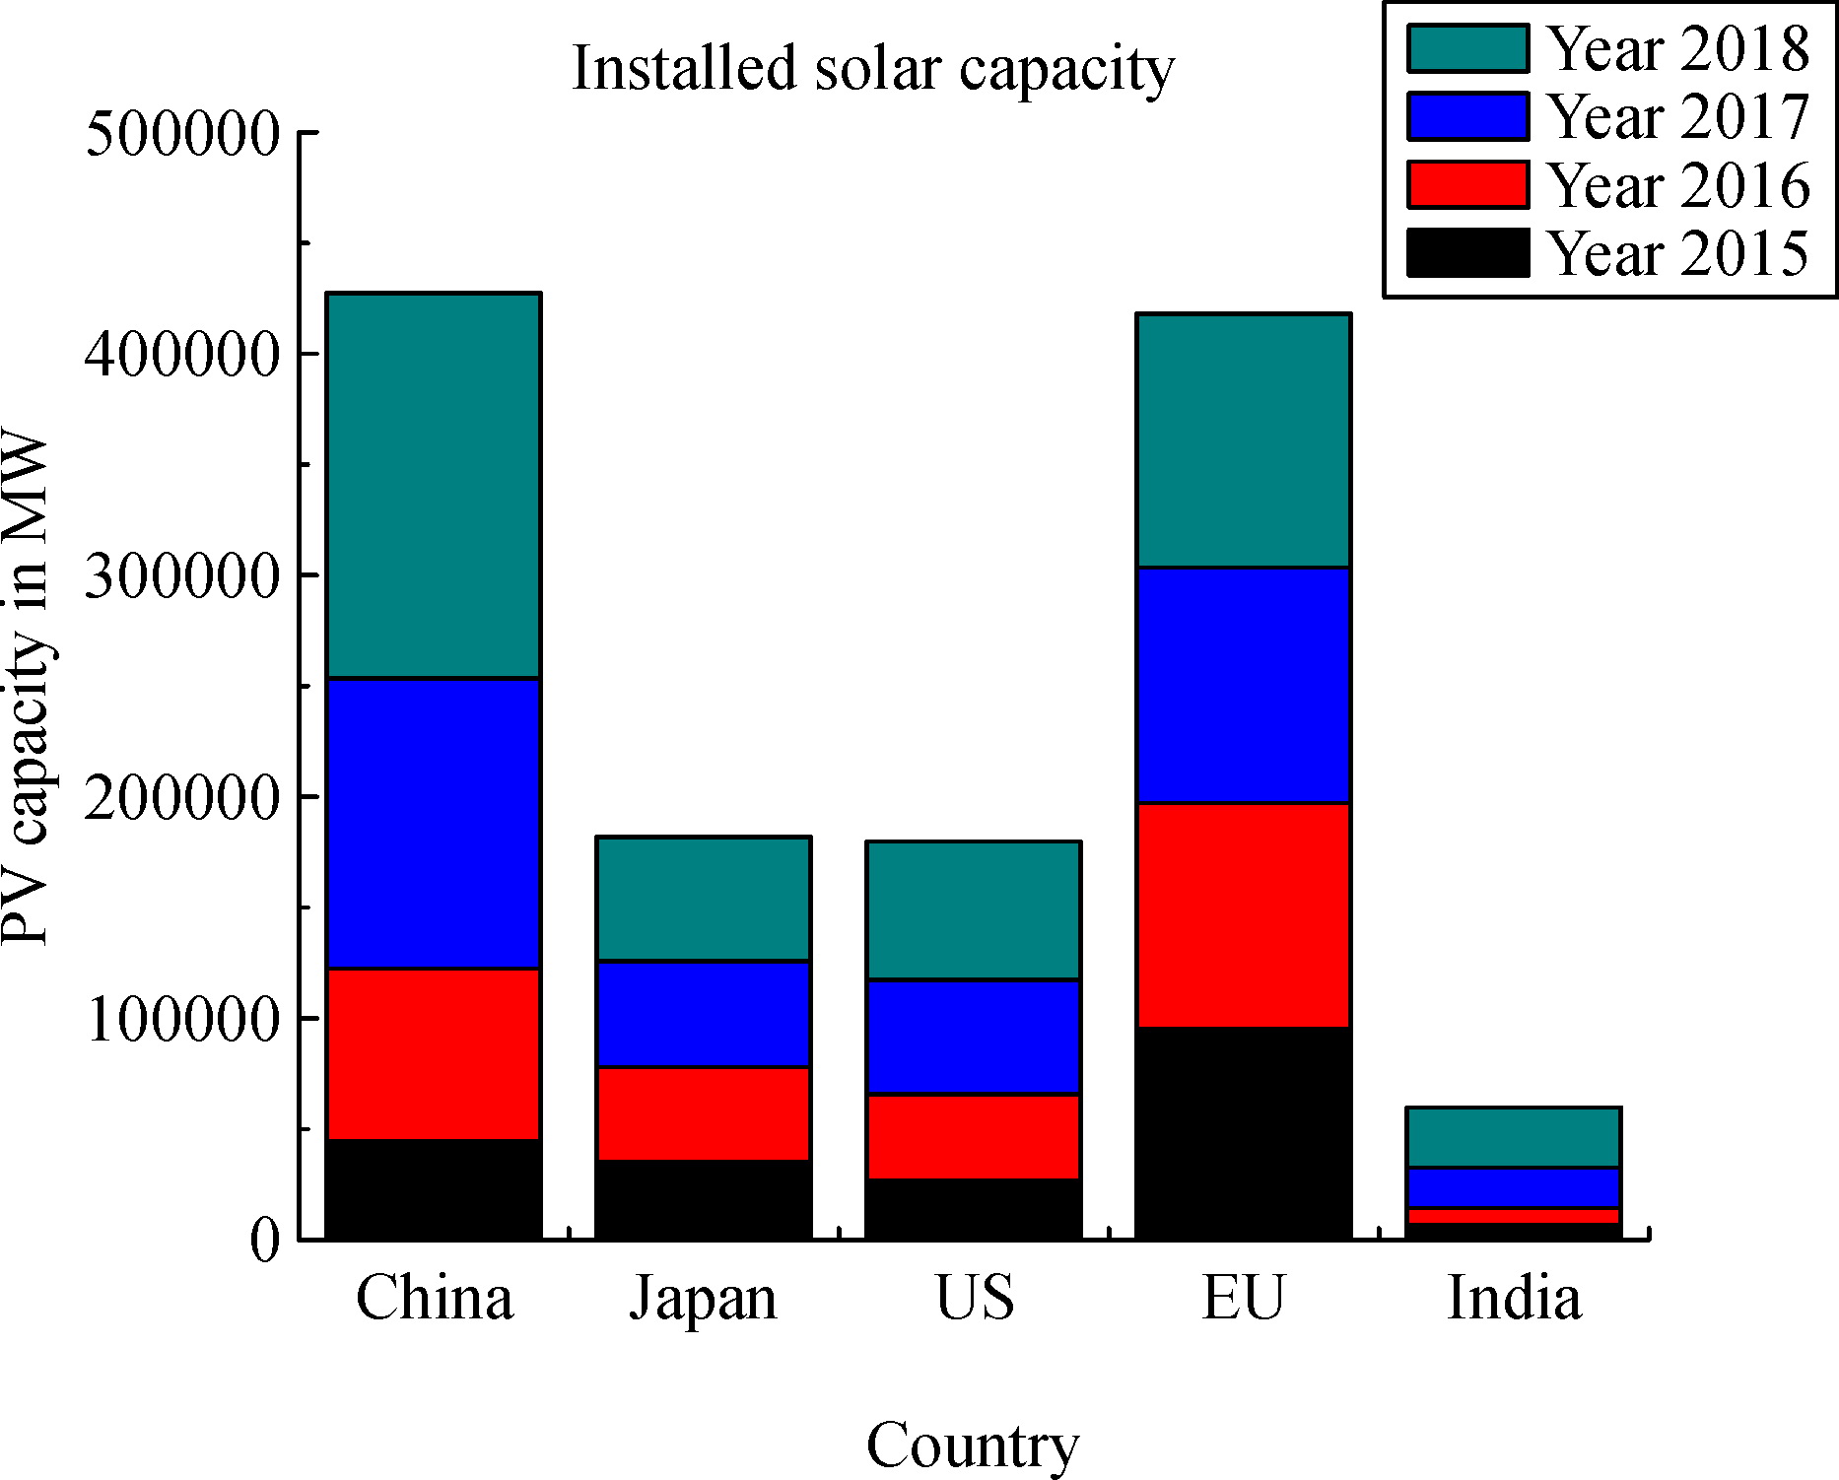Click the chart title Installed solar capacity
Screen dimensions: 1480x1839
pyautogui.click(x=873, y=69)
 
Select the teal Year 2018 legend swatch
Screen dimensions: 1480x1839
pyautogui.click(x=1467, y=49)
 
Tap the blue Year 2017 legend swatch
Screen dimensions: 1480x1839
pyautogui.click(x=1467, y=116)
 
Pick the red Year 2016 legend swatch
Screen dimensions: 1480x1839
pyautogui.click(x=1467, y=184)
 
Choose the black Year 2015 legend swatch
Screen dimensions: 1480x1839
pyautogui.click(x=1467, y=252)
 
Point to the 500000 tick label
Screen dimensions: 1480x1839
pyautogui.click(x=183, y=134)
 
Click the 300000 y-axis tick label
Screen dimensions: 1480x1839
pyautogui.click(x=183, y=576)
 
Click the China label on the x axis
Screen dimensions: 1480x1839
pyautogui.click(x=434, y=1298)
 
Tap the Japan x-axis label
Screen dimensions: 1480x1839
pyautogui.click(x=703, y=1300)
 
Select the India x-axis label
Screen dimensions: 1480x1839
pyautogui.click(x=1514, y=1298)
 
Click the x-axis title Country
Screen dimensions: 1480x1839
pyautogui.click(x=972, y=1446)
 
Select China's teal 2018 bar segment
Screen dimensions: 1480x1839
pyautogui.click(x=434, y=486)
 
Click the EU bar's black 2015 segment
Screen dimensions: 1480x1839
pyautogui.click(x=1243, y=1133)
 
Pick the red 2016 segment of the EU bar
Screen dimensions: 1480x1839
pyautogui.click(x=1243, y=915)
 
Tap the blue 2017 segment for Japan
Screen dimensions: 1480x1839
pyautogui.click(x=703, y=1014)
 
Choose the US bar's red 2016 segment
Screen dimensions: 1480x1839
pyautogui.click(x=973, y=1136)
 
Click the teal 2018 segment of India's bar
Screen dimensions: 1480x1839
pyautogui.click(x=1514, y=1138)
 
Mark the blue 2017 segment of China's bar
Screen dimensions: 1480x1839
pyautogui.click(x=434, y=824)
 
